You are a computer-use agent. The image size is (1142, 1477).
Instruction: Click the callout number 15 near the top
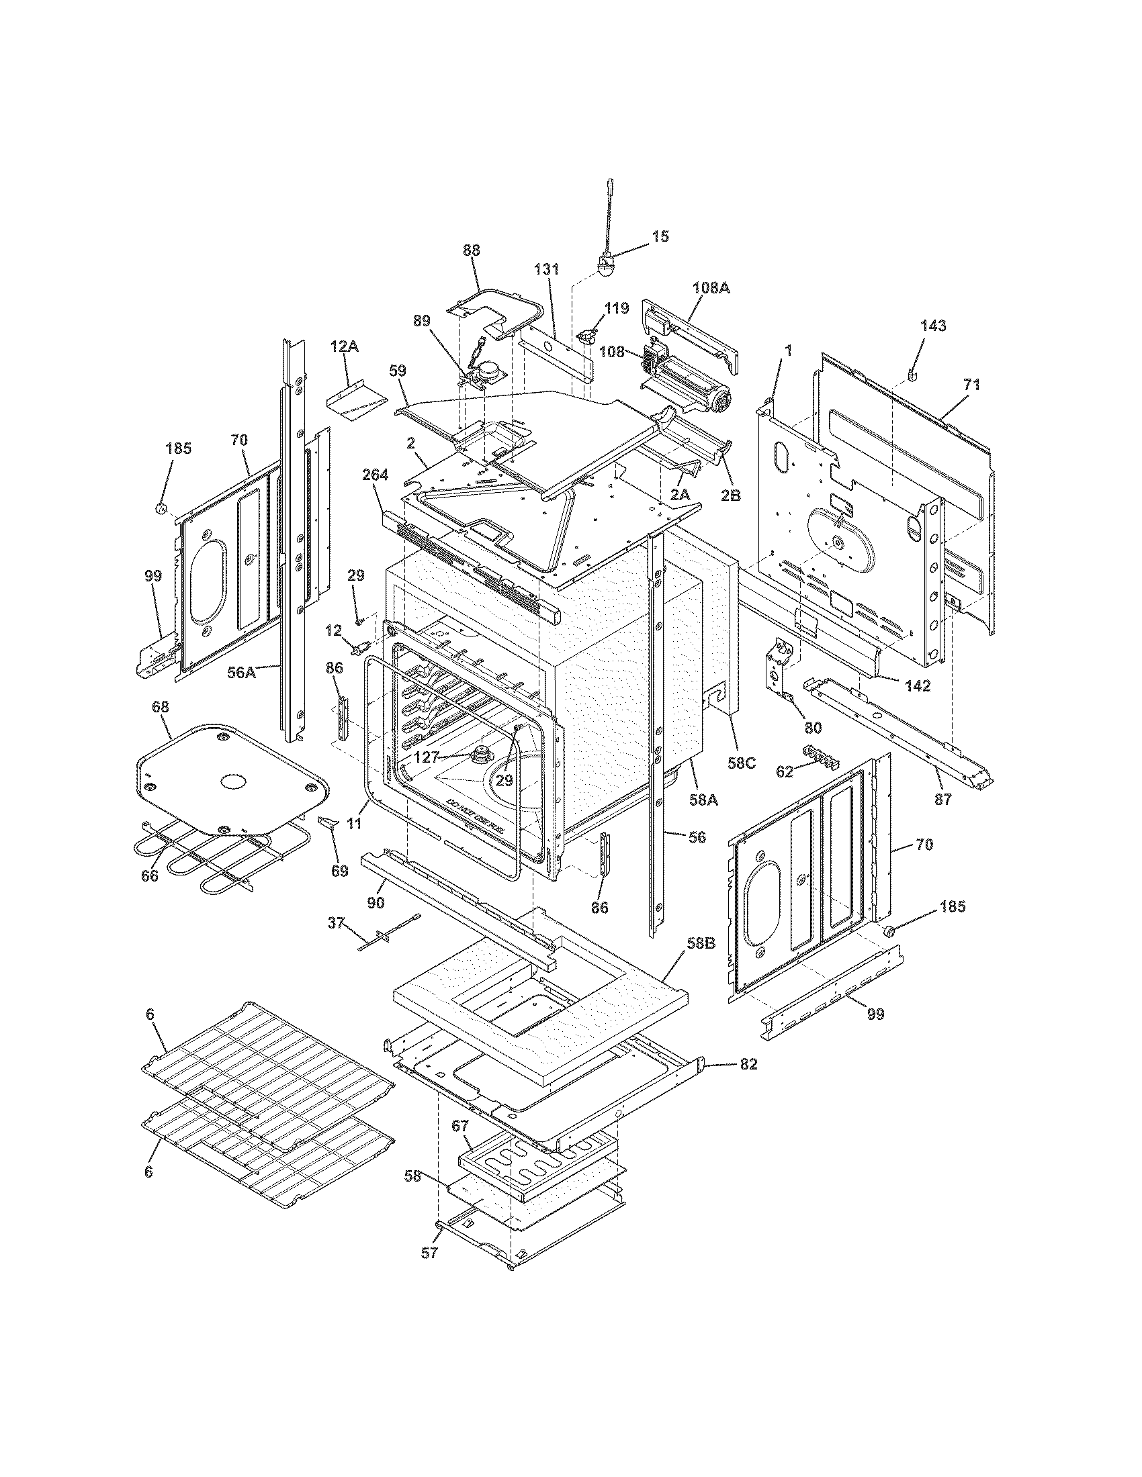[x=660, y=236]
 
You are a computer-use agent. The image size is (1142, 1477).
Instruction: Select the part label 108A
[x=711, y=288]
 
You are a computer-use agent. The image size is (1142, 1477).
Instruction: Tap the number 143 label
[x=933, y=326]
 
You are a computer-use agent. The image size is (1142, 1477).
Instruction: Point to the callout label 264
[x=375, y=475]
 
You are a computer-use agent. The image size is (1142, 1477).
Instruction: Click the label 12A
[x=345, y=347]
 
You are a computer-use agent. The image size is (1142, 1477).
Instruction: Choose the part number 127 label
[x=426, y=758]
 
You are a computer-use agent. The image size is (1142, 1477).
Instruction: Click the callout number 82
[x=748, y=1064]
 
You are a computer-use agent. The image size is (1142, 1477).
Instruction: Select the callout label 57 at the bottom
[x=431, y=1253]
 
